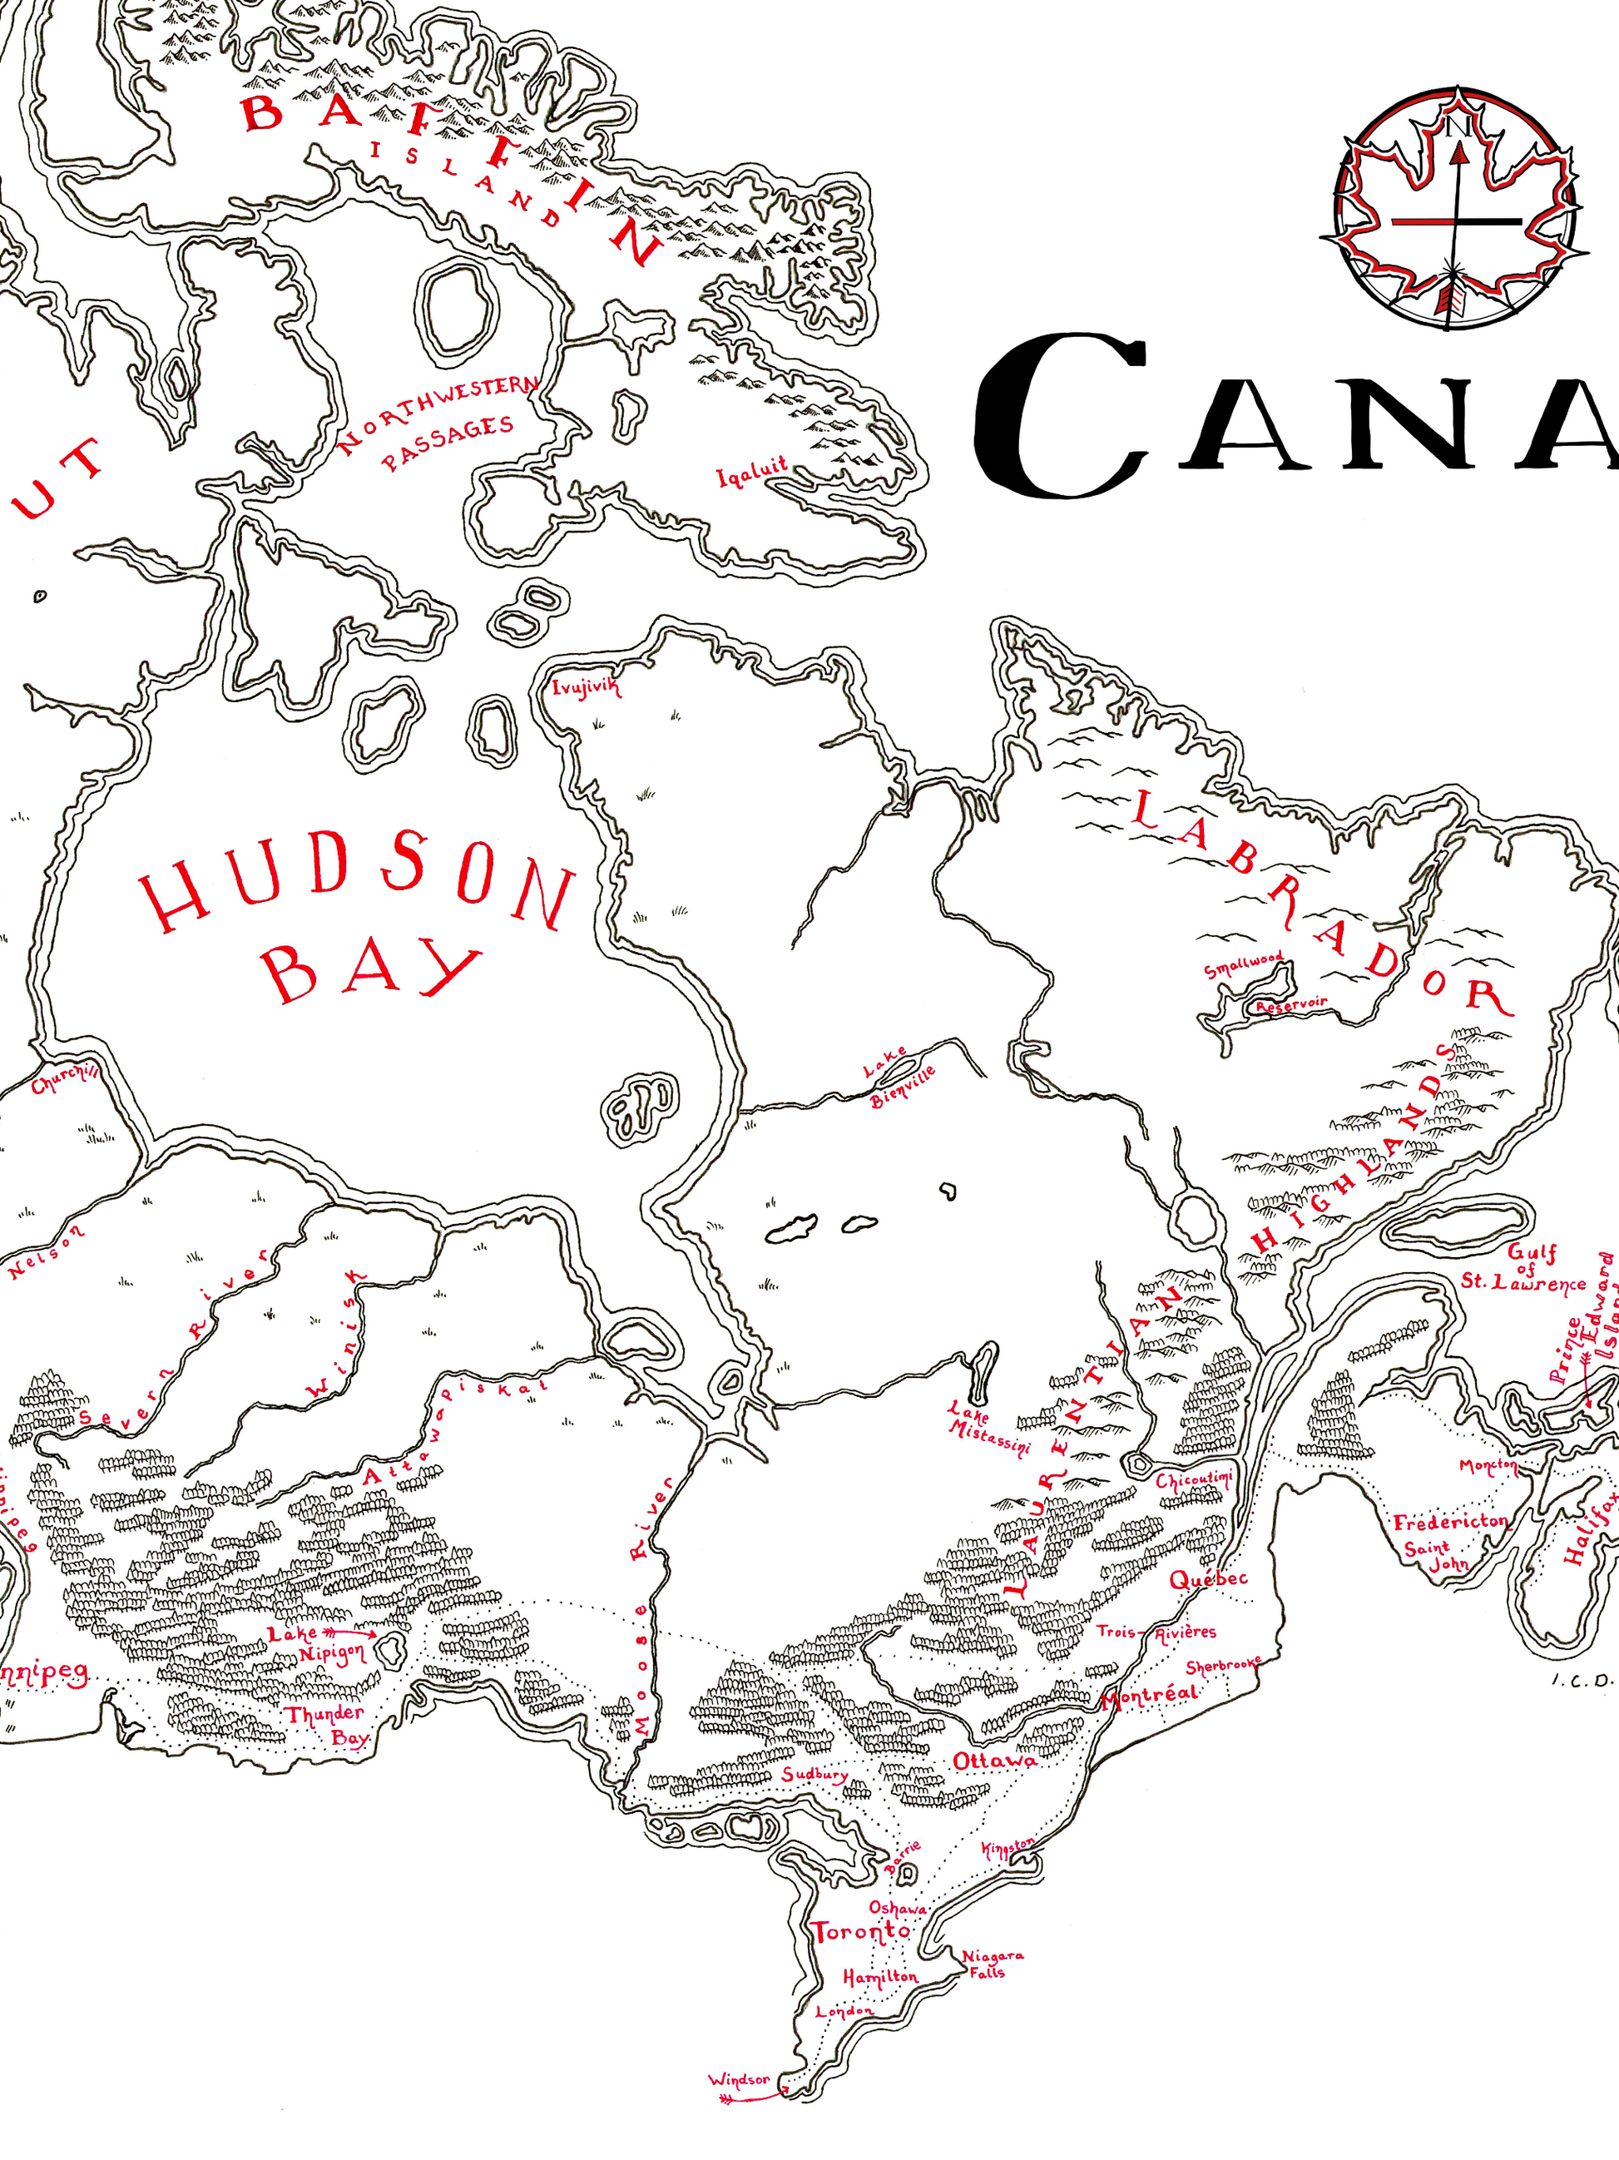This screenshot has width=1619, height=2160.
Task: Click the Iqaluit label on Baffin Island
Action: click(x=752, y=472)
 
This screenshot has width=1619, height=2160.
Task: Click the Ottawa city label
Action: click(x=994, y=1761)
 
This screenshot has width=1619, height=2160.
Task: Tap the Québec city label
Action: click(x=1208, y=1579)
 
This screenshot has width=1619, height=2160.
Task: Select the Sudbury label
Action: click(x=814, y=1774)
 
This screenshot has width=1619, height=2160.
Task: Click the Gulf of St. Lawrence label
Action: click(x=1524, y=1267)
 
